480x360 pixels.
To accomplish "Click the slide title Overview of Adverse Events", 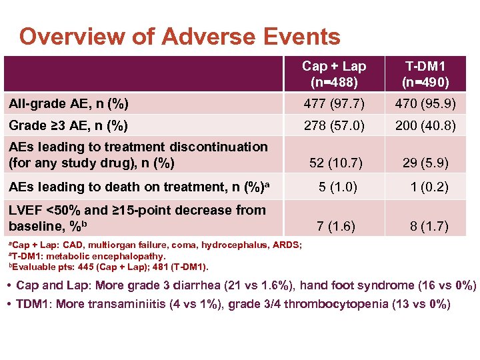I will coord(180,37).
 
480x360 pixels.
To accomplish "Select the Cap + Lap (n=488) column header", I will coord(334,74).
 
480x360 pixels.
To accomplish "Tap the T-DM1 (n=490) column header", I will coord(427,74).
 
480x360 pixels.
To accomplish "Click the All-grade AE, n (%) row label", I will coord(69,103).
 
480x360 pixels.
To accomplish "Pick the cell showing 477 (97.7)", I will coord(334,103).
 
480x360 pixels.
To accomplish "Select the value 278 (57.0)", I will coord(334,125).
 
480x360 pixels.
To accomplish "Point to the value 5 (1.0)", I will coord(337,187).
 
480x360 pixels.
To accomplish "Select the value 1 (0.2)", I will coord(429,187).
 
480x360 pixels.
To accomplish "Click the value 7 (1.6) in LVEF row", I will coord(336,226).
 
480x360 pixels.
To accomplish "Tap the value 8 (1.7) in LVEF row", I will coord(429,226).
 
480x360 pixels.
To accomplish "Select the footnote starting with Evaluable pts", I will coord(107,267).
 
